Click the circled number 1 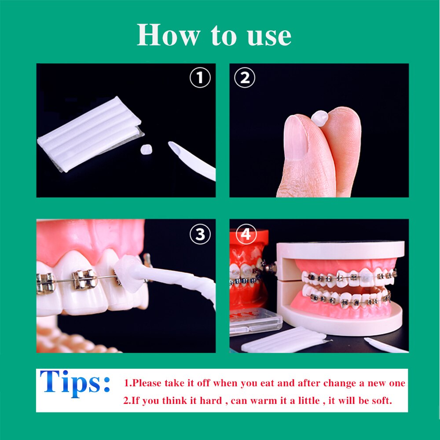tap(200, 78)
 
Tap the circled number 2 tap(245, 78)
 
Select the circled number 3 tap(200, 235)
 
